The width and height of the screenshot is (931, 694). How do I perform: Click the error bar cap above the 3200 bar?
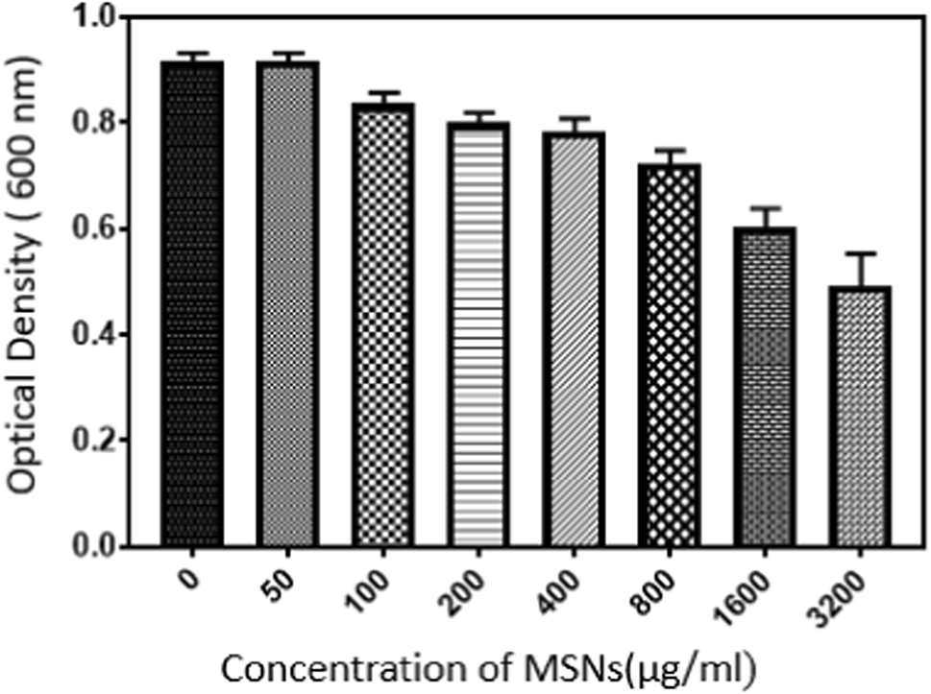tap(860, 253)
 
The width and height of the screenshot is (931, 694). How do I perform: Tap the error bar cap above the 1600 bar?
tap(765, 207)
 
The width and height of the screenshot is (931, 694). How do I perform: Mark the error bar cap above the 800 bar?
tap(670, 150)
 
